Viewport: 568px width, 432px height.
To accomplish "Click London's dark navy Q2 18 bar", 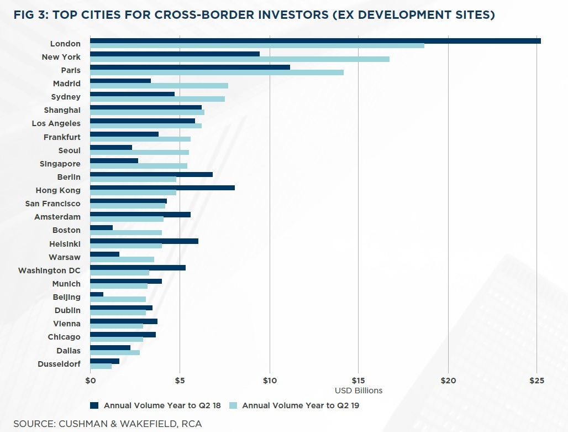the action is pos(315,41).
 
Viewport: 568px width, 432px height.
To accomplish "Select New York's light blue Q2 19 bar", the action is pos(240,59).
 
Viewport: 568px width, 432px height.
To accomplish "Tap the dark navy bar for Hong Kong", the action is pos(162,188).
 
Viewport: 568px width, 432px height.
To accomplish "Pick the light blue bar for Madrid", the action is pos(159,86).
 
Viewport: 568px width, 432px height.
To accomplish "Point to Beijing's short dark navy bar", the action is pos(97,294).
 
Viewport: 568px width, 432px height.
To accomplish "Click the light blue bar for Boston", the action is pos(126,232).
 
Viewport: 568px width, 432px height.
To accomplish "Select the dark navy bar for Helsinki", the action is pos(144,241).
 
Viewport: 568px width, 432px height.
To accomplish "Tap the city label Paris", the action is pos(71,70).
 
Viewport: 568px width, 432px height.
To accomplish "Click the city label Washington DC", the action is pos(49,270).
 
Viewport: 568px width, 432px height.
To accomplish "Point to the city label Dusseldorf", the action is pos(59,364).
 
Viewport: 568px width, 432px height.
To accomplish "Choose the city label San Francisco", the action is pos(53,204).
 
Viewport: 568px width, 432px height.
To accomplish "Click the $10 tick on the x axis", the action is pos(270,381).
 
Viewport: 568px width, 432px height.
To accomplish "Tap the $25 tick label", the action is pos(537,381).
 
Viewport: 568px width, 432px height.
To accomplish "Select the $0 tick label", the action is pos(91,381).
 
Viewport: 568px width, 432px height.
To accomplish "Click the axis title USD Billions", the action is pos(359,391).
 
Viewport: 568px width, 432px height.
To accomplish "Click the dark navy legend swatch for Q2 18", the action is pos(94,405).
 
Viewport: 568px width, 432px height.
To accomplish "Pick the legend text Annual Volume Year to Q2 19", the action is pos(301,405).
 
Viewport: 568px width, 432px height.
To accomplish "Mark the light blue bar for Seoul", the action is pos(139,152).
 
